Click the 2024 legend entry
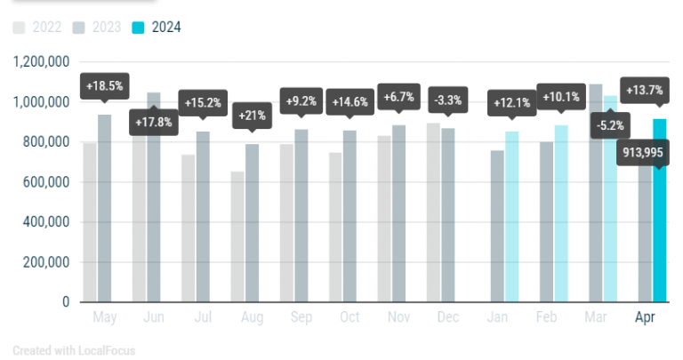(157, 28)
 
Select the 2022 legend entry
(37, 28)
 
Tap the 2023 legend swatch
(78, 28)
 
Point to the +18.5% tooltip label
(105, 86)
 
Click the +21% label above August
(253, 116)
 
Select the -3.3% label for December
(448, 100)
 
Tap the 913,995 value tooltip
(642, 152)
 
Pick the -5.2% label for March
(610, 126)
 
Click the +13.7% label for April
(644, 90)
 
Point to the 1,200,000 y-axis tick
(42, 62)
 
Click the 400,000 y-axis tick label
(45, 222)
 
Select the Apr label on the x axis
(645, 317)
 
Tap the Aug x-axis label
(253, 317)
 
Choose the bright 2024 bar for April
(660, 211)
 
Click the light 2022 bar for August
(237, 236)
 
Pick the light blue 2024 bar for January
(512, 216)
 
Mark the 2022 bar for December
(433, 212)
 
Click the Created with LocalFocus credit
(74, 350)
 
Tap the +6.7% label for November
(398, 97)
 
